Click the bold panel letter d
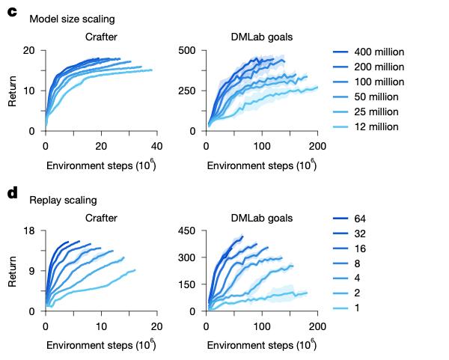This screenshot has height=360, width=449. click(12, 194)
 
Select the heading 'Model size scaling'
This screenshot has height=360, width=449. click(73, 19)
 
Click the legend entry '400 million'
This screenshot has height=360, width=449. click(378, 52)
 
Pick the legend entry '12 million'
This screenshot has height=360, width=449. click(376, 126)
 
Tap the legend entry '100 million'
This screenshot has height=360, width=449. click(378, 82)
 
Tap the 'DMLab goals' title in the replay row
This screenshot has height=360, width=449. click(261, 218)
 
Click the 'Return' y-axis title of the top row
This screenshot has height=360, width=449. click(13, 91)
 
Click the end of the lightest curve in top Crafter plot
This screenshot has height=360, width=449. click(152, 70)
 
